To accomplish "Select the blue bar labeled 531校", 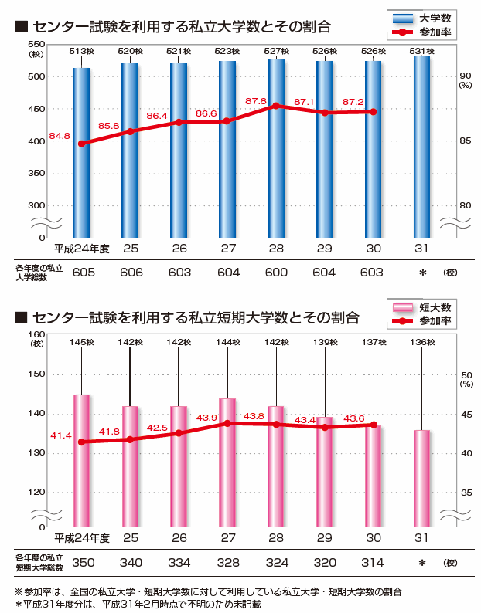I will [421, 147].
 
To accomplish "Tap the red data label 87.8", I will [278, 101].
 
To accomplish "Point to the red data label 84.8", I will [60, 136].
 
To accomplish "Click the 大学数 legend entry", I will [421, 18].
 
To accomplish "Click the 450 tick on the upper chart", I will [36, 109].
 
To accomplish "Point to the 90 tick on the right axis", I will [465, 75].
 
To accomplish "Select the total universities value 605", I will [83, 273].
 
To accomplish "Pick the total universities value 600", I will [276, 273].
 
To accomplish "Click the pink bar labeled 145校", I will [81, 459].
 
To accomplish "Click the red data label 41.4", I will [61, 436].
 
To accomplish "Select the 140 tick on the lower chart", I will [36, 414].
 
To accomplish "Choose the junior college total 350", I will [83, 562].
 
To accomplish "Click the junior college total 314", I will [373, 562].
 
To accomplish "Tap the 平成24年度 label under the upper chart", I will [82, 249].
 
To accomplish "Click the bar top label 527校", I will [276, 51].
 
